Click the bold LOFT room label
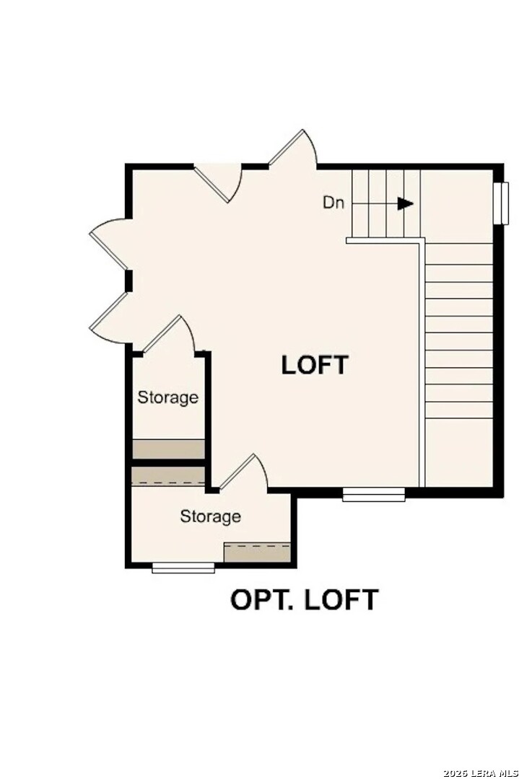[315, 365]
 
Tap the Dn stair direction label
[333, 203]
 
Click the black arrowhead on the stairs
[406, 203]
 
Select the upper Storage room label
[168, 397]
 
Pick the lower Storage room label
[210, 516]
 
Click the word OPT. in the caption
[260, 600]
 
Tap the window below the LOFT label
[373, 494]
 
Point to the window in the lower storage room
[183, 568]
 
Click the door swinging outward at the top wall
[295, 147]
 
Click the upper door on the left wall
[110, 239]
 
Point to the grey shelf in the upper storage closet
[168, 448]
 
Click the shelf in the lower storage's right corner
[257, 553]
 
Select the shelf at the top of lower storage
[168, 476]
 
